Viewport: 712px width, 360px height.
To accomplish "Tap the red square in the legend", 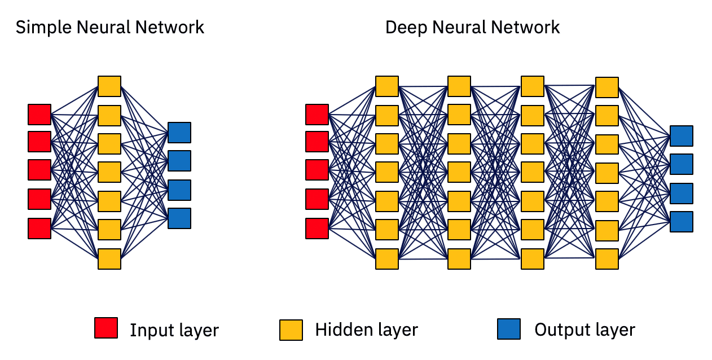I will (106, 328).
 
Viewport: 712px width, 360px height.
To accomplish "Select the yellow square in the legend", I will (291, 330).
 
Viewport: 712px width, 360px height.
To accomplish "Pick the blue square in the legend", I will (509, 329).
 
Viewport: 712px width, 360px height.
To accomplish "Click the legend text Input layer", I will (174, 330).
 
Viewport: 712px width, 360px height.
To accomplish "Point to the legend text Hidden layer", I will (366, 330).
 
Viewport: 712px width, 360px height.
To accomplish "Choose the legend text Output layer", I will (584, 330).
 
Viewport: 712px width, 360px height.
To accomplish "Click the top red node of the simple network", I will (39, 114).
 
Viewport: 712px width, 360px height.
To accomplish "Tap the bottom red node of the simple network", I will (39, 229).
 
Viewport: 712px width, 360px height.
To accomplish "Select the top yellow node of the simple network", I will (109, 86).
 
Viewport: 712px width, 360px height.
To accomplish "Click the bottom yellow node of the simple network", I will (109, 258).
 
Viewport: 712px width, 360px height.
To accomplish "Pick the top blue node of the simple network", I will (179, 133).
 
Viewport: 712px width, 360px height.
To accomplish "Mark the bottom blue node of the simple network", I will (179, 218).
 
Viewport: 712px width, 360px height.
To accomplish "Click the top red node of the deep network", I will (317, 114).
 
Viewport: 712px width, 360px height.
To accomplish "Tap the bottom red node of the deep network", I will (317, 229).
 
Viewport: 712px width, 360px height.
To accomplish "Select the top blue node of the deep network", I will (682, 136).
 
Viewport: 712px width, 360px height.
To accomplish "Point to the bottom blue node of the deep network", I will (682, 222).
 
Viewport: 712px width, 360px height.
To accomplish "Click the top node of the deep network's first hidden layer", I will (387, 86).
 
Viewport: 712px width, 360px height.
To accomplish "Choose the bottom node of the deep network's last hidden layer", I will (607, 259).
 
